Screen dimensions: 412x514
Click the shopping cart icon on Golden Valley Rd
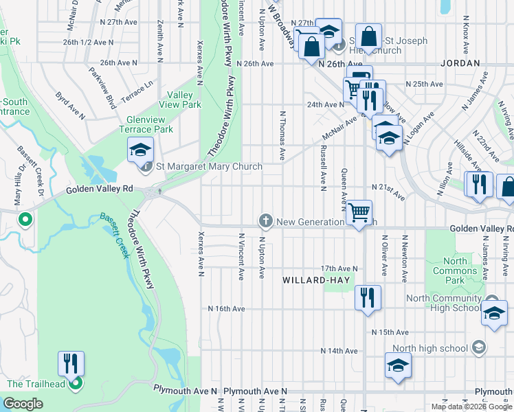(x=359, y=213)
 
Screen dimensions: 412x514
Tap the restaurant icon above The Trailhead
(x=71, y=363)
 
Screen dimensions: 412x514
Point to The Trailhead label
(x=36, y=384)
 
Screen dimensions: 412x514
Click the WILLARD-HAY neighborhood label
(x=317, y=280)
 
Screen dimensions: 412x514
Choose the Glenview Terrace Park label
(x=146, y=124)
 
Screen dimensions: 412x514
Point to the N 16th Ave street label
(x=227, y=309)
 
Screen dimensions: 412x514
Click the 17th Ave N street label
(x=339, y=268)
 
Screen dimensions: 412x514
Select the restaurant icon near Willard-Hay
(x=368, y=297)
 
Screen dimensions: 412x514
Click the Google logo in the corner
(x=23, y=404)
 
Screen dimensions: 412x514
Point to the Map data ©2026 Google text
(x=471, y=407)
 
